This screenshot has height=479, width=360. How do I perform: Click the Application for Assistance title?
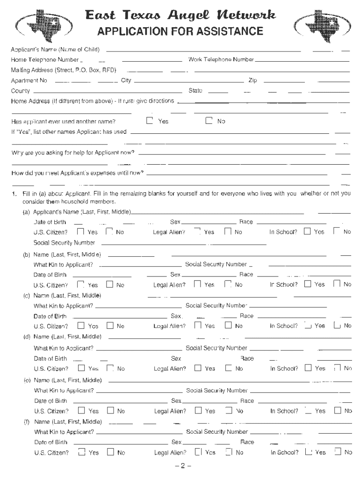click(180, 32)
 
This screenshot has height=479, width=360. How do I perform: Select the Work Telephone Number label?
click(221, 60)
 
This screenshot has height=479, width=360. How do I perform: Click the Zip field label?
click(253, 80)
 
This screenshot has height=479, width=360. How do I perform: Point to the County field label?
click(21, 91)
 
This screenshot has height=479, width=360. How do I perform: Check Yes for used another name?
click(150, 121)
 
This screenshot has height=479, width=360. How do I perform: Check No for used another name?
click(209, 121)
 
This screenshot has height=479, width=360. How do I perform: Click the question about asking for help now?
click(73, 153)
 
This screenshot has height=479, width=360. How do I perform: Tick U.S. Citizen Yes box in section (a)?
click(80, 232)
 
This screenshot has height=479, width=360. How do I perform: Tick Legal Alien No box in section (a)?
click(228, 232)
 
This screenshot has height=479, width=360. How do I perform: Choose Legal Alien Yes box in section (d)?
click(198, 368)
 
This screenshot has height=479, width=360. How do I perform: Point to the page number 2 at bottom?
click(180, 466)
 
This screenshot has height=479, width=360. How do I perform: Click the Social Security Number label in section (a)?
click(65, 243)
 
